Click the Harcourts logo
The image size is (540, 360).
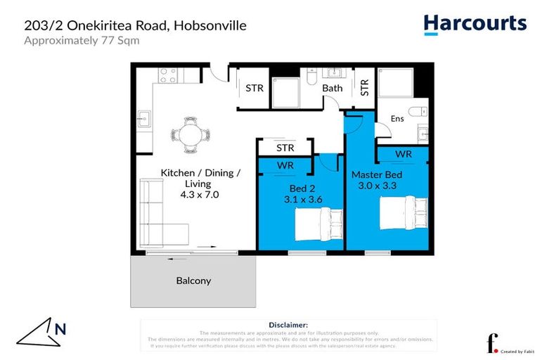pyautogui.click(x=475, y=24)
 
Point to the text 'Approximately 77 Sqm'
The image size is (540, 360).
pyautogui.click(x=82, y=40)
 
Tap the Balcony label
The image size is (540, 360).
pyautogui.click(x=193, y=281)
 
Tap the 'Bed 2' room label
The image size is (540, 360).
pyautogui.click(x=304, y=188)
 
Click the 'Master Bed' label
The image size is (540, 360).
pyautogui.click(x=378, y=174)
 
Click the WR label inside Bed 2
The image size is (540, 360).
pyautogui.click(x=285, y=165)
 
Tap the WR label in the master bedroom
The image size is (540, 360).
pyautogui.click(x=403, y=154)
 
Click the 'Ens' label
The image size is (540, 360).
pyautogui.click(x=397, y=119)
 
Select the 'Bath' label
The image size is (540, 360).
pyautogui.click(x=333, y=88)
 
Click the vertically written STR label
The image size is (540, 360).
pyautogui.click(x=364, y=87)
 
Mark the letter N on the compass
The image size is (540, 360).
pyautogui.click(x=60, y=328)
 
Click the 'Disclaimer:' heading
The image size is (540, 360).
pyautogui.click(x=288, y=325)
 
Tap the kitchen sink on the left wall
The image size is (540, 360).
pyautogui.click(x=143, y=117)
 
